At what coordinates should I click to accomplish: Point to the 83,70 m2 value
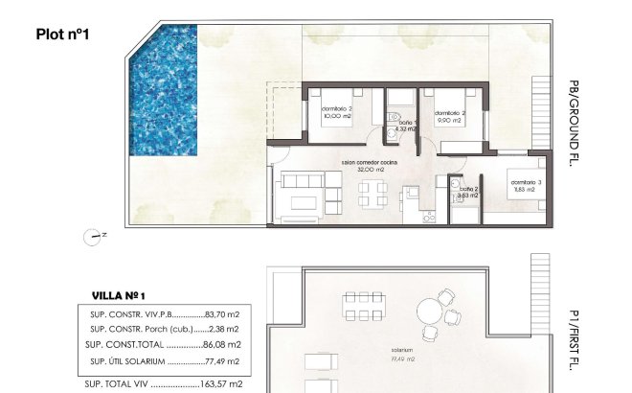tap(223, 314)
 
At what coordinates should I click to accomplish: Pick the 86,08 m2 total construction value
tap(223, 344)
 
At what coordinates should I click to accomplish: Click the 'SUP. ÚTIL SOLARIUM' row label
tap(125, 361)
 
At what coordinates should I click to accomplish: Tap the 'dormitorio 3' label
tap(526, 182)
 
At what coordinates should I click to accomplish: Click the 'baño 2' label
tap(468, 189)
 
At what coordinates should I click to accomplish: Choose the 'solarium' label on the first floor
tap(402, 351)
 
